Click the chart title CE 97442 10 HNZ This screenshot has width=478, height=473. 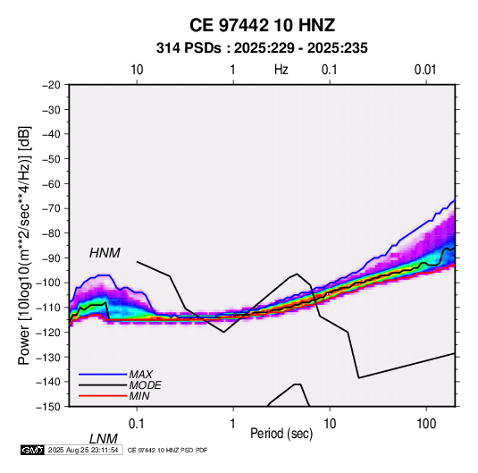262,25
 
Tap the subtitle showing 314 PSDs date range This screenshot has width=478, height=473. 262,48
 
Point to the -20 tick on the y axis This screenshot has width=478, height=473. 51,85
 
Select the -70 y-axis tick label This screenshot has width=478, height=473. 51,208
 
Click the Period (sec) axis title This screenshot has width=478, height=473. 281,434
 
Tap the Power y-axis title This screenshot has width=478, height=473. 24,245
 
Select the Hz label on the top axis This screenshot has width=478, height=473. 281,70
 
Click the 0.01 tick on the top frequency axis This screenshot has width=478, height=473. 425,70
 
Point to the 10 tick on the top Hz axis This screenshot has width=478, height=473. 137,70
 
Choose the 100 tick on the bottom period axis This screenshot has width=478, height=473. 426,424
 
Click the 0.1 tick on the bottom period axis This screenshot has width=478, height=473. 137,424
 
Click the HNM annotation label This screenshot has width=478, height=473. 105,253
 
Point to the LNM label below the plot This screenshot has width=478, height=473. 103,439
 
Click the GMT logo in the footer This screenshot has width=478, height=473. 33,450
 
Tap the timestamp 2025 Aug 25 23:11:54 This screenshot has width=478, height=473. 83,450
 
